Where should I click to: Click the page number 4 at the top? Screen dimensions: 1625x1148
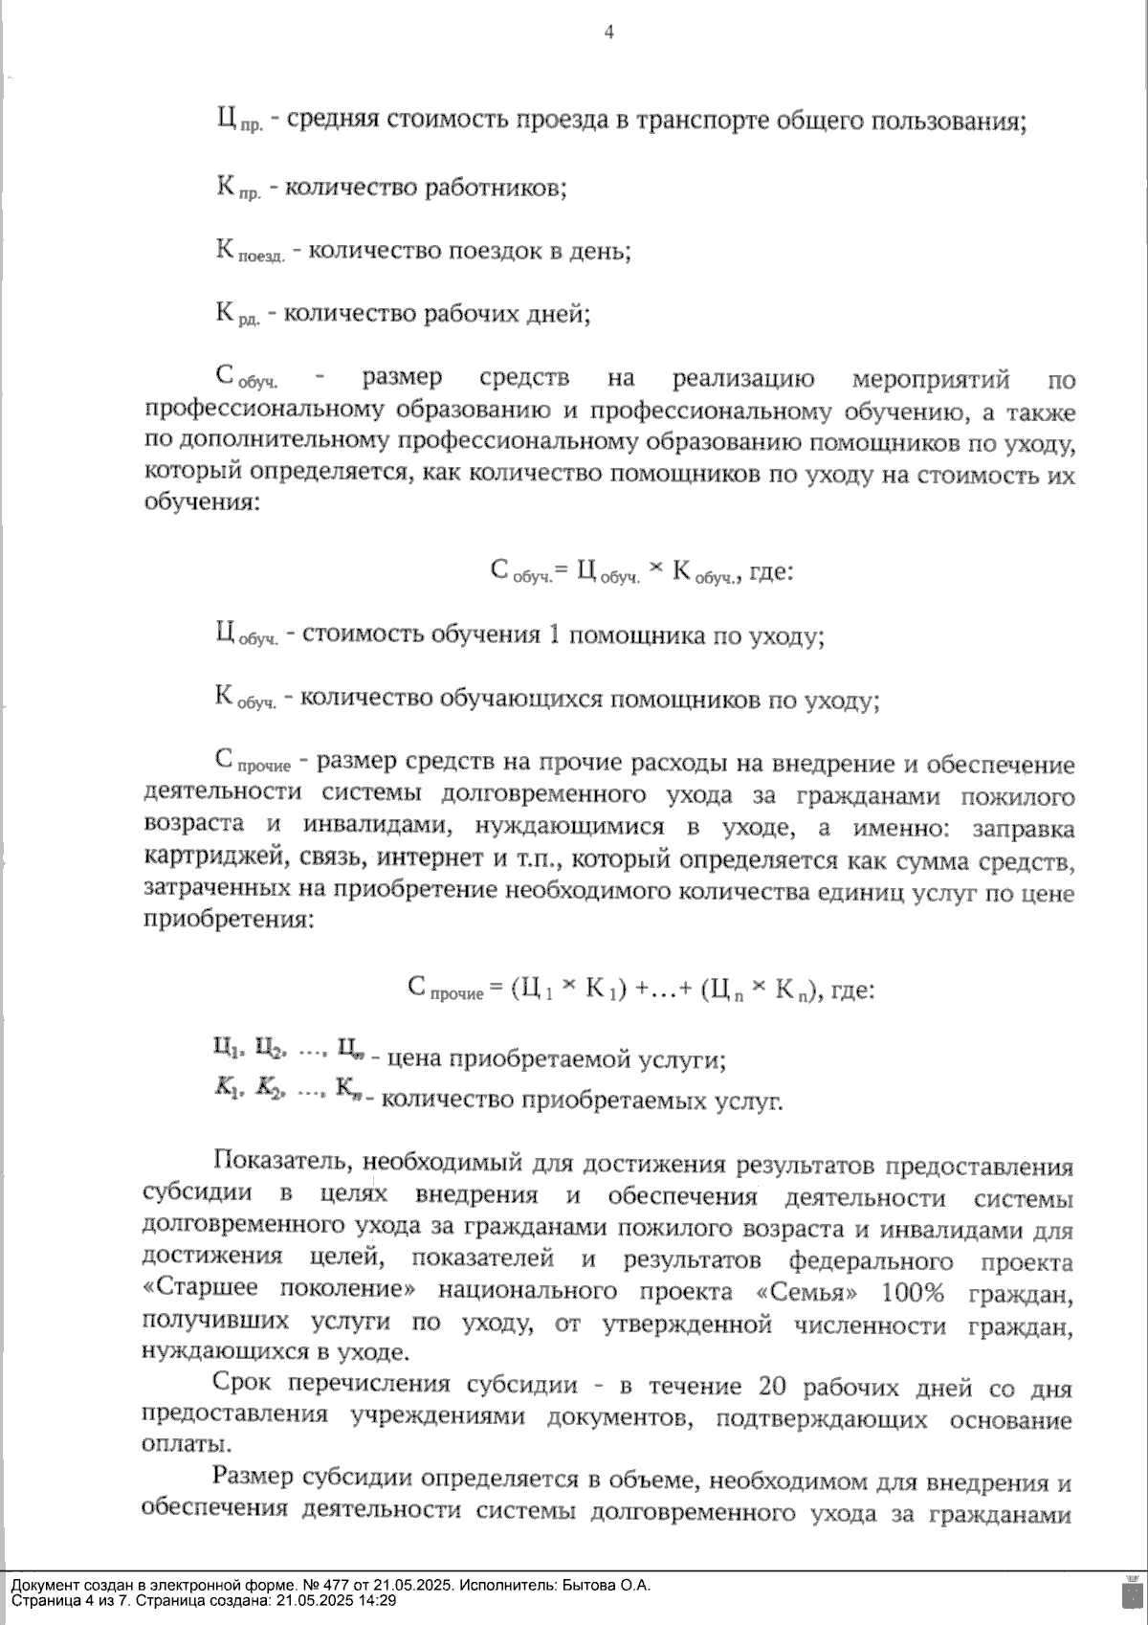[608, 33]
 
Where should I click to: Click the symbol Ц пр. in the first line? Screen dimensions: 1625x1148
[239, 122]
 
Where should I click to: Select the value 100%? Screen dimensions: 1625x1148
[913, 1293]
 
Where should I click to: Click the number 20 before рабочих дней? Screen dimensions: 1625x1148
[773, 1388]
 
